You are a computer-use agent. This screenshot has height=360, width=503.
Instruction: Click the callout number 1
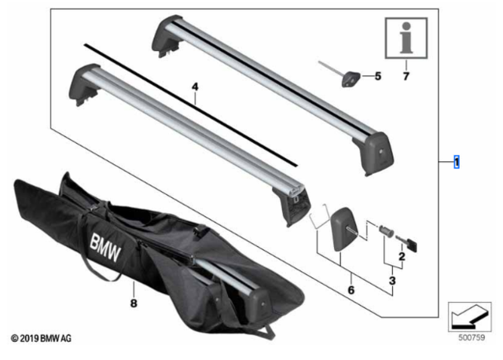point(457,162)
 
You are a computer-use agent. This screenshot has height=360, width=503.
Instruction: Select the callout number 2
point(402,256)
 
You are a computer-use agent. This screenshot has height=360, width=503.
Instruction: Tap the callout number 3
point(392,281)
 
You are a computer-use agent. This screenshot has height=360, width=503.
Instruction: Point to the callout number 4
point(195,86)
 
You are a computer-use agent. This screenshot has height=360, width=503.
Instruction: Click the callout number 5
point(378,76)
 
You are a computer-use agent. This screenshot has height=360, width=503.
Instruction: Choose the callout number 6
point(351,290)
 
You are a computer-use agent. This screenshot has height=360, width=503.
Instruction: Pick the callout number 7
point(406,76)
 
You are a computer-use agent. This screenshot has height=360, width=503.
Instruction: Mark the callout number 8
point(134,303)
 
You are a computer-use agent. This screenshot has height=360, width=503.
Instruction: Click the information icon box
point(406,39)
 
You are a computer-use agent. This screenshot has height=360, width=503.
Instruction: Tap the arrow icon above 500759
point(470,317)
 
